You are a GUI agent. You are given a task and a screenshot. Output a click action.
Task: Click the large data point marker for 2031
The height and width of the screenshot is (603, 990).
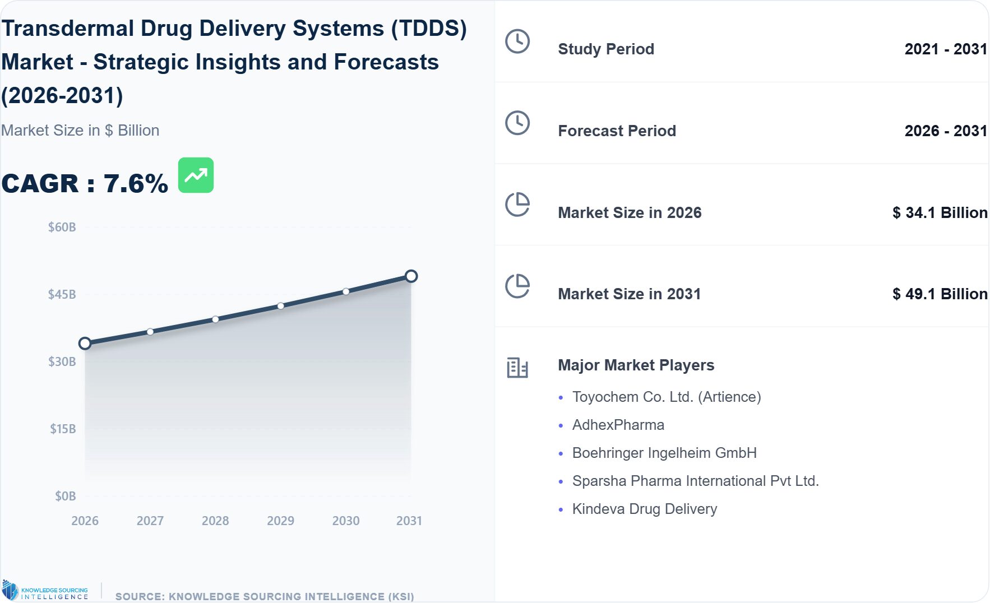(x=411, y=276)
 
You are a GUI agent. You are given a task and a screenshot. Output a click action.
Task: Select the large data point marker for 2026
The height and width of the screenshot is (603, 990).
(x=85, y=344)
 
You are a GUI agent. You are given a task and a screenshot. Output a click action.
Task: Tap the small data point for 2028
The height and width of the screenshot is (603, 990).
(x=215, y=319)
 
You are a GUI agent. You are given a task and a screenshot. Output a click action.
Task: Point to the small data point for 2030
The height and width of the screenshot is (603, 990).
(x=346, y=291)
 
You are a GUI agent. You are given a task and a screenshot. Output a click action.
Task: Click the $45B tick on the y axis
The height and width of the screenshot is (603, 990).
(x=62, y=294)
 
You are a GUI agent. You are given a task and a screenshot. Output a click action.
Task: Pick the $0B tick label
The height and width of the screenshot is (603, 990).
(x=65, y=496)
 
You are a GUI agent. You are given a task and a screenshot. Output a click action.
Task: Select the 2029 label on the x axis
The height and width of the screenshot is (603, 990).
(x=280, y=521)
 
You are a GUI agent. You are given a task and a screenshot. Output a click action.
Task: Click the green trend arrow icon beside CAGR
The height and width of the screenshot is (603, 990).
(x=196, y=175)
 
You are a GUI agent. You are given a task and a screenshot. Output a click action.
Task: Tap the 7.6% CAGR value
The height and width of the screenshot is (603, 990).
(x=136, y=184)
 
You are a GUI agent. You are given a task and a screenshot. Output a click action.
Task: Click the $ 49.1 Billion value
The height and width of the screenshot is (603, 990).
(x=940, y=294)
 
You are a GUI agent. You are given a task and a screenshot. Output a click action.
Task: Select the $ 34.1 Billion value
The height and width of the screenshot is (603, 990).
(x=940, y=212)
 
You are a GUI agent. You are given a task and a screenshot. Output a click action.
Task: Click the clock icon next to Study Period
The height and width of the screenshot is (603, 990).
(x=517, y=41)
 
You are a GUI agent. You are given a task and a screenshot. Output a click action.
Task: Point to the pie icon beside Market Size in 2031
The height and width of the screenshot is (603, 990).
(x=517, y=286)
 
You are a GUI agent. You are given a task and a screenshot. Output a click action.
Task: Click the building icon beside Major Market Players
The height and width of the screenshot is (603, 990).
(x=517, y=368)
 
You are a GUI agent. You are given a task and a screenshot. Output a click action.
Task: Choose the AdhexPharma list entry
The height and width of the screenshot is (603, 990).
(x=618, y=425)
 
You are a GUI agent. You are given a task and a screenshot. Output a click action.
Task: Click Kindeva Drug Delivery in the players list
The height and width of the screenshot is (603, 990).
(x=644, y=509)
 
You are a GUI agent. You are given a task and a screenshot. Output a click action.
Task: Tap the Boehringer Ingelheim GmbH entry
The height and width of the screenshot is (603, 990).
(x=664, y=453)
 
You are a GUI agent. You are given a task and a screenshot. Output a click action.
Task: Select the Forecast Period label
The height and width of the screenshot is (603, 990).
(x=617, y=131)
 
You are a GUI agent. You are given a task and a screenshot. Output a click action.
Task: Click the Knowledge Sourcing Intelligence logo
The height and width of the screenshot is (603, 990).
(x=45, y=591)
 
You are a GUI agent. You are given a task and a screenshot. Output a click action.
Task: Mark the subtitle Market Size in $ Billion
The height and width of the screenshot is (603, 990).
(x=80, y=130)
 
